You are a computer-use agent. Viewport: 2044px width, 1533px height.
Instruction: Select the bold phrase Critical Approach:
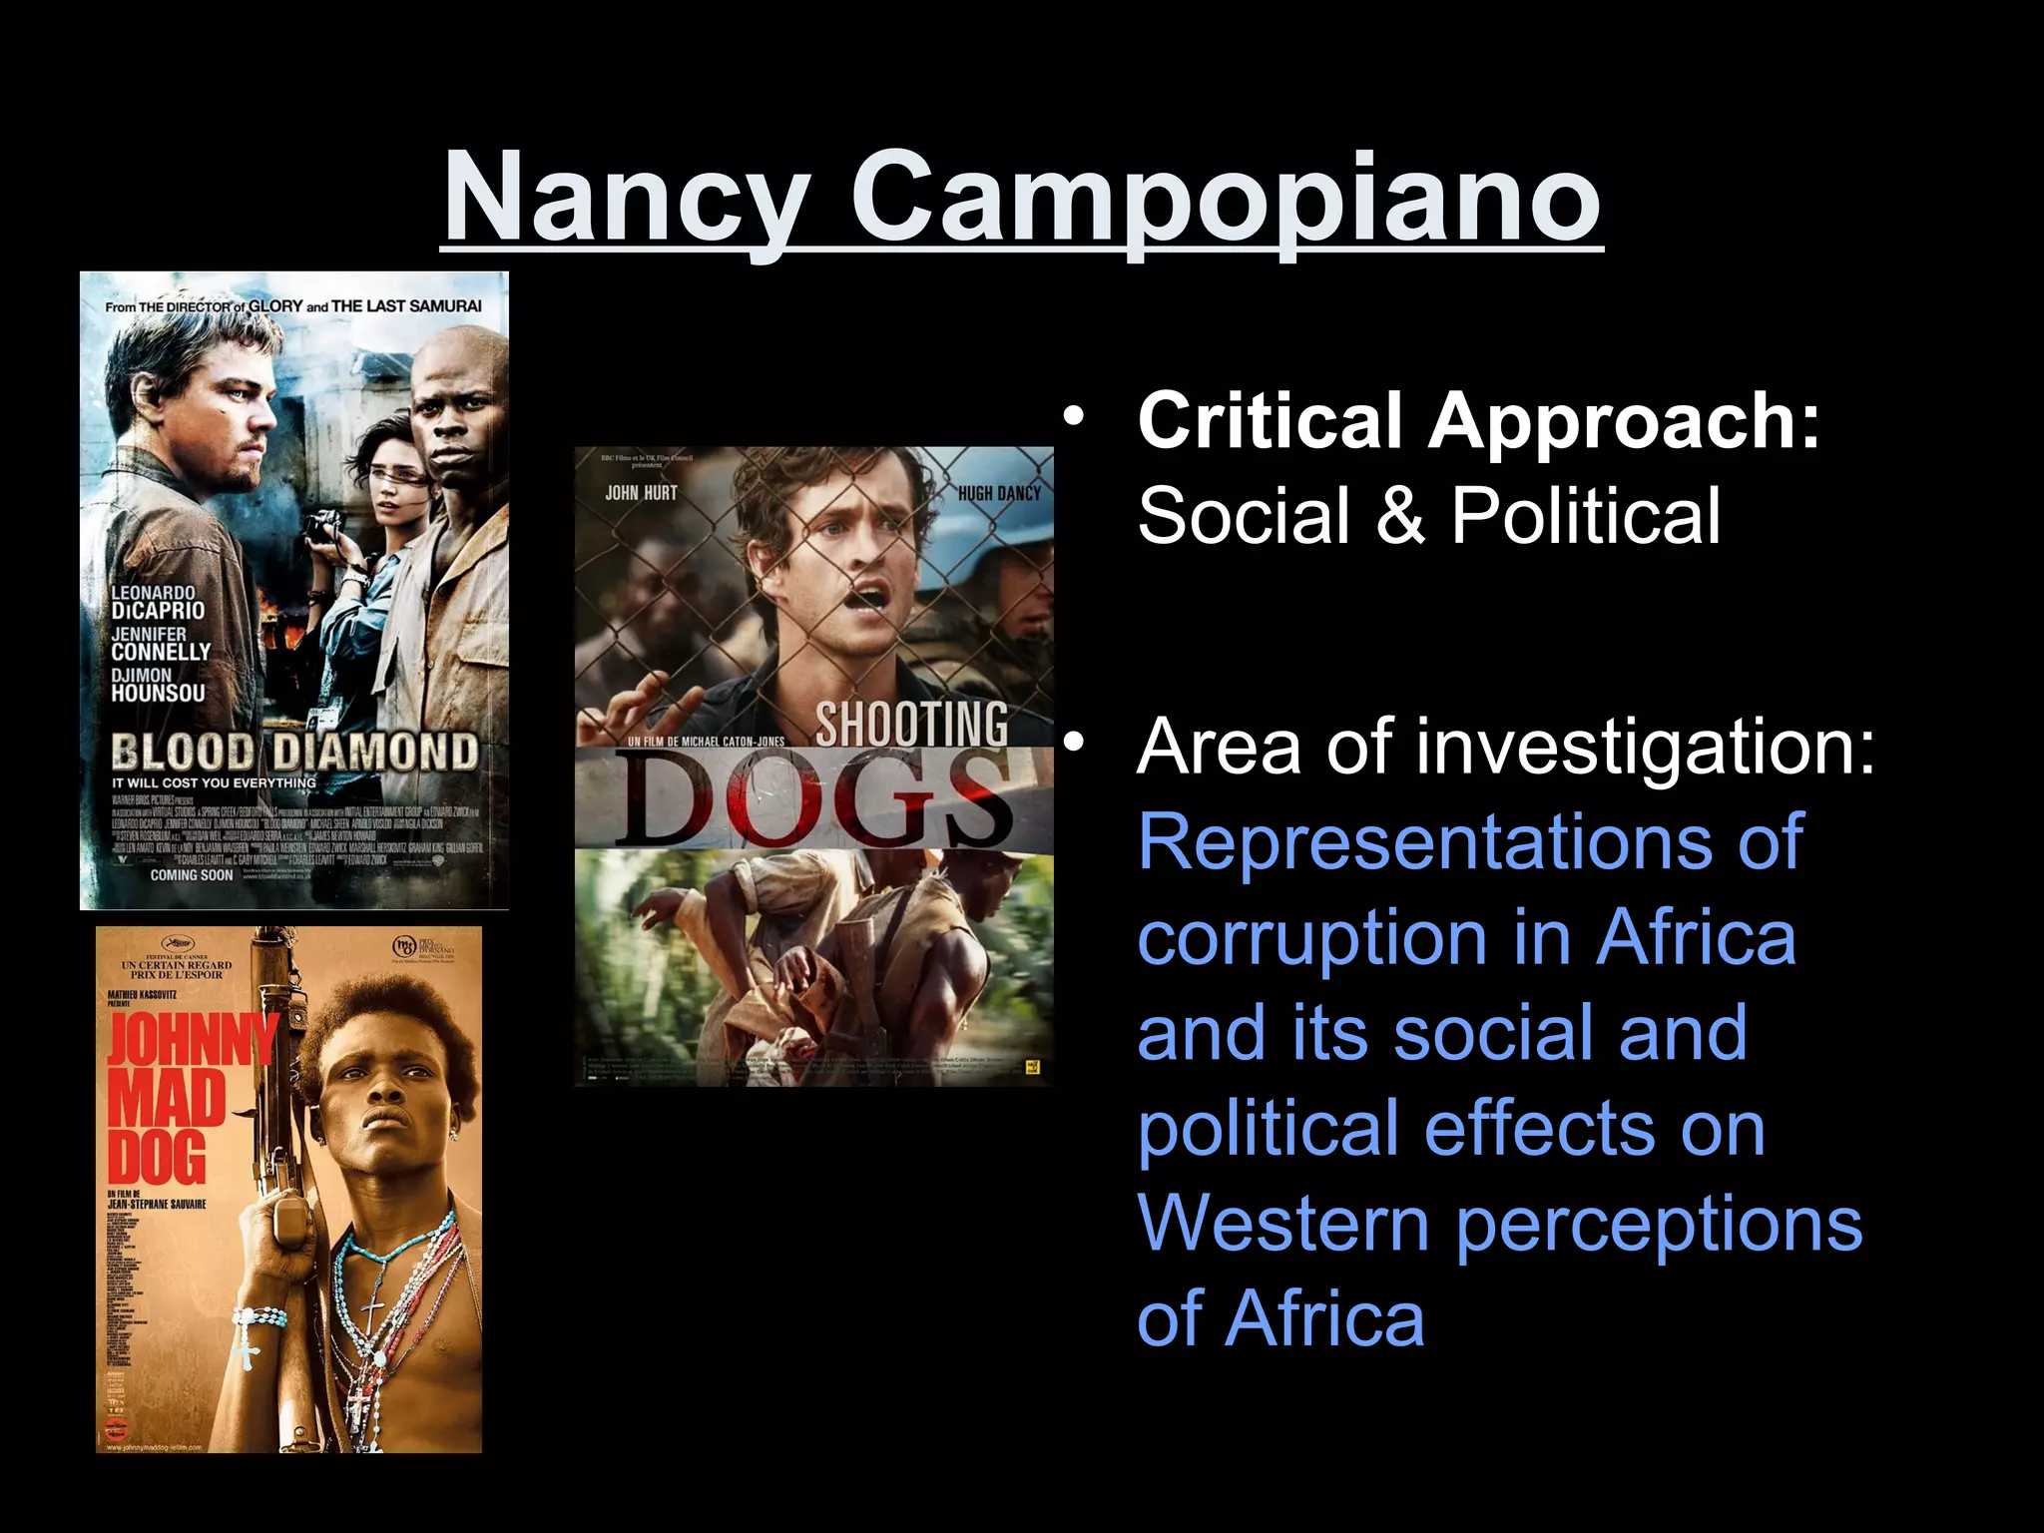pos(1479,420)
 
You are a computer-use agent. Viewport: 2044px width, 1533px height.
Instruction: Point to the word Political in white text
pos(1586,515)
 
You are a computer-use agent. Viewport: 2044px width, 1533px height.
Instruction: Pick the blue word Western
pos(1283,1224)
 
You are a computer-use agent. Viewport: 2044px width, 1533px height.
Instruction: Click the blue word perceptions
pos(1659,1224)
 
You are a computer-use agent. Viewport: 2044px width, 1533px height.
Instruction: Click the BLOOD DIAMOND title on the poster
pos(294,751)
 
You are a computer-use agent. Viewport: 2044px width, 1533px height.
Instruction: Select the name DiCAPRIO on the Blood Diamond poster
pos(158,611)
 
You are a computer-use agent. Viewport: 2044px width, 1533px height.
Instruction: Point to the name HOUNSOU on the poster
pos(158,693)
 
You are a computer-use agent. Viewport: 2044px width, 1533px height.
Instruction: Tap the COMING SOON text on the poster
pos(192,875)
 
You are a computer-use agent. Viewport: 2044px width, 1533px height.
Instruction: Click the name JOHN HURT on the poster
pos(641,493)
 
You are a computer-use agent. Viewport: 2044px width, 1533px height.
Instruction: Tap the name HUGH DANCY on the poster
pos(998,493)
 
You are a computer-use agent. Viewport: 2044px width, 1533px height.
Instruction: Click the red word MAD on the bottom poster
pos(167,1098)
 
